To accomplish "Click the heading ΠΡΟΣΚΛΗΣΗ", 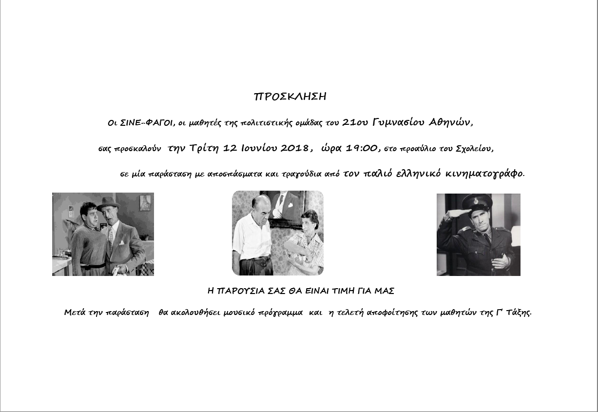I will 290,97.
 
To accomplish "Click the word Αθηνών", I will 451,122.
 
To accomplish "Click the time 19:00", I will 362,148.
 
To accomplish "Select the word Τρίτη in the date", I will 205,148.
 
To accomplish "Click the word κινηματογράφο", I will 487,173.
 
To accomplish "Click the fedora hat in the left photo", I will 108,203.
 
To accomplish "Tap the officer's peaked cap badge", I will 475,200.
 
